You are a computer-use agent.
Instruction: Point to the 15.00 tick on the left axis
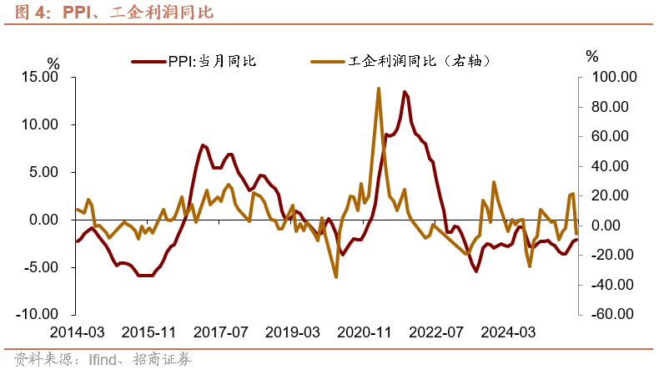(39, 77)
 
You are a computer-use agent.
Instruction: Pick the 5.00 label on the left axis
(42, 172)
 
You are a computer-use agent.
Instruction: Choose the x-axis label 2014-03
(78, 332)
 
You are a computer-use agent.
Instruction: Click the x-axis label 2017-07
(223, 332)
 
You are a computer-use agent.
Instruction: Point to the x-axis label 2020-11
(365, 332)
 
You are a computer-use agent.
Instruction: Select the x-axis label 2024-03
(508, 332)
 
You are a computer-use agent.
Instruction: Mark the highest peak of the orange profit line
(379, 89)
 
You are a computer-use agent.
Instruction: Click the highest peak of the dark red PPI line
(405, 92)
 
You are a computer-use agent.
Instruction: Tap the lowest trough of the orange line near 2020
(336, 276)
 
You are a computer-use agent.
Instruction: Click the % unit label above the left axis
(53, 63)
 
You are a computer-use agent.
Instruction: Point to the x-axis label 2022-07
(436, 332)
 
